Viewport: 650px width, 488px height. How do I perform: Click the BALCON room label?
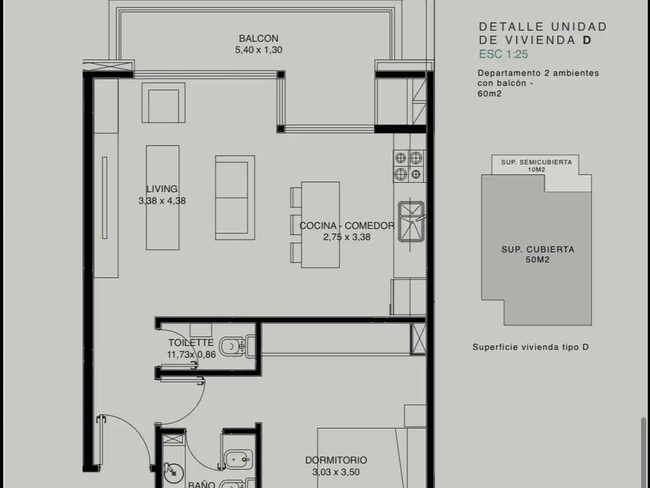[259, 39]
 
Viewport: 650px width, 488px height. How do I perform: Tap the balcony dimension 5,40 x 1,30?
[259, 50]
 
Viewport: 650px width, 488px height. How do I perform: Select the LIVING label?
[162, 189]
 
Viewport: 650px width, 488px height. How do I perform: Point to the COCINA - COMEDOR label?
[347, 226]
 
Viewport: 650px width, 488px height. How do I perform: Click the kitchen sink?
[411, 221]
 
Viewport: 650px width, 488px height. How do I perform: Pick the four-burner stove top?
[409, 166]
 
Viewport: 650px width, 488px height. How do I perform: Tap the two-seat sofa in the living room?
[235, 198]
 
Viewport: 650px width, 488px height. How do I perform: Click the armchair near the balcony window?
[163, 102]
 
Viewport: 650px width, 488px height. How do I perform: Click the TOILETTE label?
[190, 342]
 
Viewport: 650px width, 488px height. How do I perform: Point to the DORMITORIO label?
[336, 460]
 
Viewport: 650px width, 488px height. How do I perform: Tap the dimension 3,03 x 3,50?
[336, 472]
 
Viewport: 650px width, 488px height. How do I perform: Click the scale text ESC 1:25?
[503, 54]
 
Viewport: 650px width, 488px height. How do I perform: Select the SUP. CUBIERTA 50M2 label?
[538, 254]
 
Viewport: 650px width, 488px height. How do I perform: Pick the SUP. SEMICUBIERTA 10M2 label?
[536, 166]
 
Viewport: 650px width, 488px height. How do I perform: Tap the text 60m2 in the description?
[489, 93]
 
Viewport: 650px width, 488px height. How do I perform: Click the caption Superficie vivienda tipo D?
[531, 347]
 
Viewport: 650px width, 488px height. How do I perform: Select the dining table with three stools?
[315, 224]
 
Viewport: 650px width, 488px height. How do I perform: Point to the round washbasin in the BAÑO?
[173, 472]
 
